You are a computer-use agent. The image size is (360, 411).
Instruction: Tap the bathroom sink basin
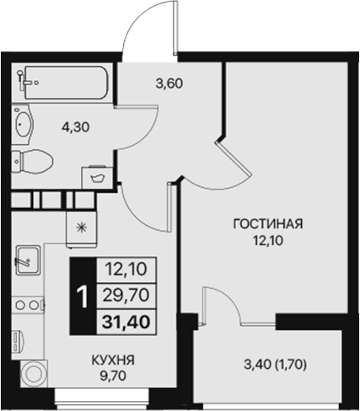(x=24, y=125)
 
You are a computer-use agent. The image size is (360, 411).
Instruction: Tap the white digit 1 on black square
(x=83, y=296)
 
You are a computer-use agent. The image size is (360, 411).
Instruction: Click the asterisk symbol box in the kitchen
(x=82, y=226)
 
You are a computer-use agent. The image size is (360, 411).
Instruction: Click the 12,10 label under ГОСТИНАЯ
(x=269, y=242)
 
